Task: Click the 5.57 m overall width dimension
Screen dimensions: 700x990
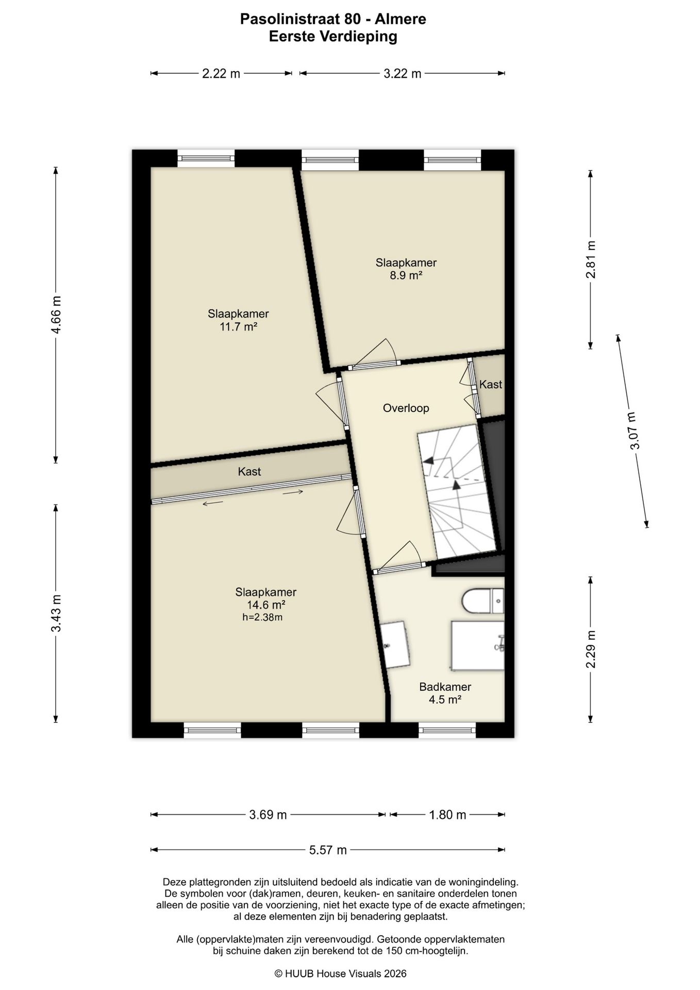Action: point(328,850)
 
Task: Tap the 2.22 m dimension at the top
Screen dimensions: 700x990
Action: point(221,74)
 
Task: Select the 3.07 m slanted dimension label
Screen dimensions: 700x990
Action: point(633,431)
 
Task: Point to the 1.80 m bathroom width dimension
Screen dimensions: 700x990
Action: point(447,815)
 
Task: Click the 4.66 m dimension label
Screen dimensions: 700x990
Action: point(56,315)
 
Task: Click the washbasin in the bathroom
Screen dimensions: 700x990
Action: point(395,645)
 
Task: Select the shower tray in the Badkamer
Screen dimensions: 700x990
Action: point(478,646)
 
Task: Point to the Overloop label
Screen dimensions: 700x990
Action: point(406,408)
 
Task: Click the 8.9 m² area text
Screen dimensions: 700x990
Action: point(406,275)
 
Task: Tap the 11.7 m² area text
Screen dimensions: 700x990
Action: point(239,326)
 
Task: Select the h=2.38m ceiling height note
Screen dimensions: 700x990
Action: point(262,617)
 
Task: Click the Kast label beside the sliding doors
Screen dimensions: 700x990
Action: point(249,472)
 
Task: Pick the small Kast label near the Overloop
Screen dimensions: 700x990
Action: point(491,385)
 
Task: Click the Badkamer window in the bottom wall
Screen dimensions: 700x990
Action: point(447,730)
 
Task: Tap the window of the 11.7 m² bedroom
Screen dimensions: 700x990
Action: point(206,158)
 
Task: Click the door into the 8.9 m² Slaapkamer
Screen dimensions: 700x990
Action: point(375,366)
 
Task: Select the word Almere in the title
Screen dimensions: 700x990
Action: point(401,20)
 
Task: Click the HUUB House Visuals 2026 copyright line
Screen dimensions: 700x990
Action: point(341,973)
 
